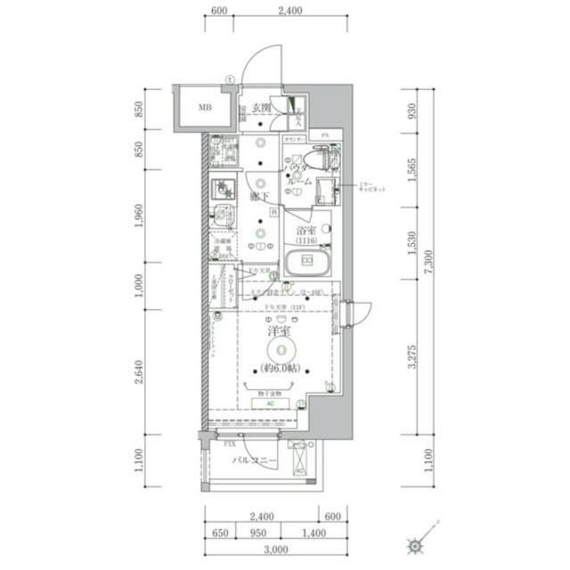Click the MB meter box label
click(x=205, y=109)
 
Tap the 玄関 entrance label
click(x=261, y=108)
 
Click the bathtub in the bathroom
click(x=307, y=262)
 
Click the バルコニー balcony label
click(x=255, y=460)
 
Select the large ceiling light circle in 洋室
click(x=280, y=351)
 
